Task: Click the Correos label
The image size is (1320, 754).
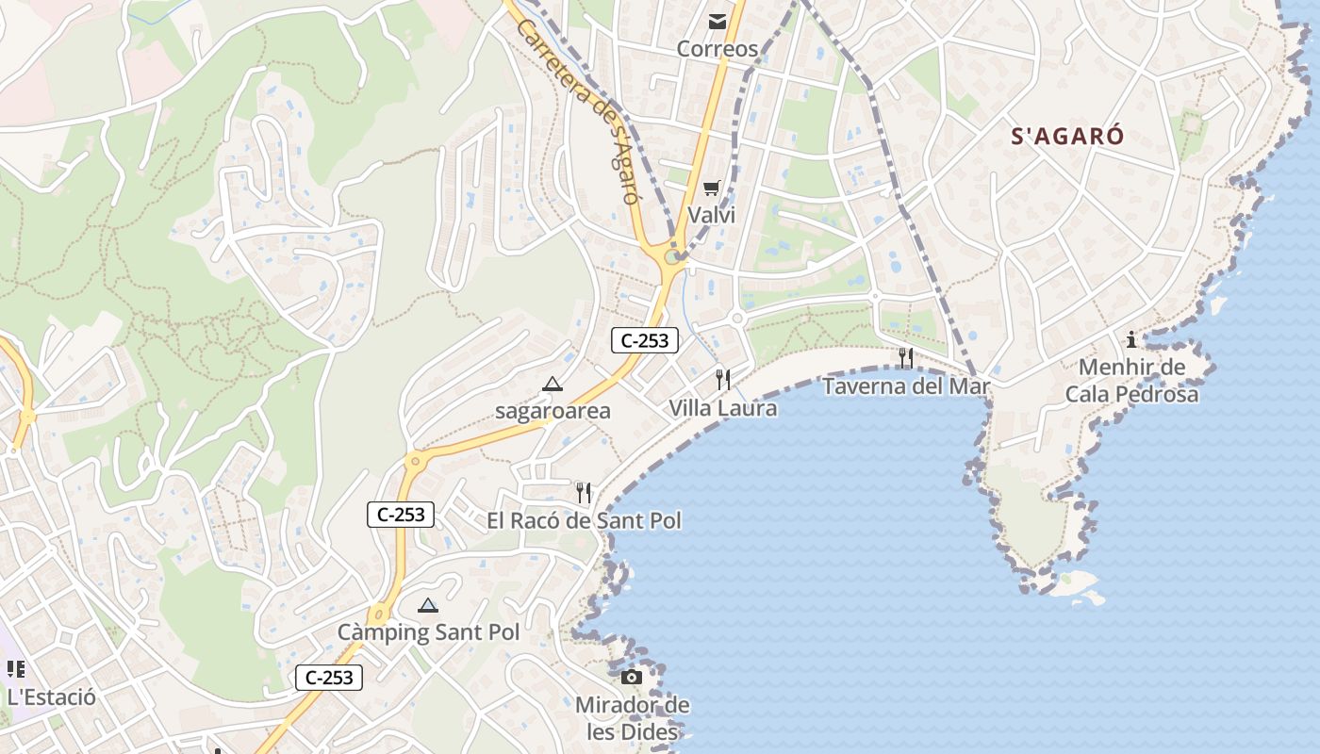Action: [718, 49]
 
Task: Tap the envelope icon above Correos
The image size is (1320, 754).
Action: [718, 22]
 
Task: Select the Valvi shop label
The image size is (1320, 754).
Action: [711, 215]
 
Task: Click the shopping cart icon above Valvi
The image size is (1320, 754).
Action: [711, 188]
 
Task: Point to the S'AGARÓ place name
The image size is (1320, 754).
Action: [1067, 137]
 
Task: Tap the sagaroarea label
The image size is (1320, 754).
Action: [553, 411]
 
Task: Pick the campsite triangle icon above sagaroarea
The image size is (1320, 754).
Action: [553, 385]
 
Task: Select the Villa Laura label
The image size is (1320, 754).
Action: [723, 408]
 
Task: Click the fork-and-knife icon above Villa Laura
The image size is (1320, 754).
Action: [723, 380]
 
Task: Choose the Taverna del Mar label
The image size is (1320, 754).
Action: [906, 386]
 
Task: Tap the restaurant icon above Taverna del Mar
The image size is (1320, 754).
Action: [906, 358]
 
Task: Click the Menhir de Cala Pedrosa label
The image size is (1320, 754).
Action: [1131, 381]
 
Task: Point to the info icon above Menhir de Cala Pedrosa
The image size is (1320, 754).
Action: [1131, 340]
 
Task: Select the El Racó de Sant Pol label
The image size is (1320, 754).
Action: [584, 520]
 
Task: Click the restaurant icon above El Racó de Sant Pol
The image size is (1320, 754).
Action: [584, 493]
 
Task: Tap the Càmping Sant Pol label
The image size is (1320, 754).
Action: [428, 632]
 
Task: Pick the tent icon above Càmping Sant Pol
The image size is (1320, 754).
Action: [428, 605]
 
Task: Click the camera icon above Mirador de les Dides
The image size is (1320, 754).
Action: [632, 677]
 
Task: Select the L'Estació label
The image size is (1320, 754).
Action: [51, 697]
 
